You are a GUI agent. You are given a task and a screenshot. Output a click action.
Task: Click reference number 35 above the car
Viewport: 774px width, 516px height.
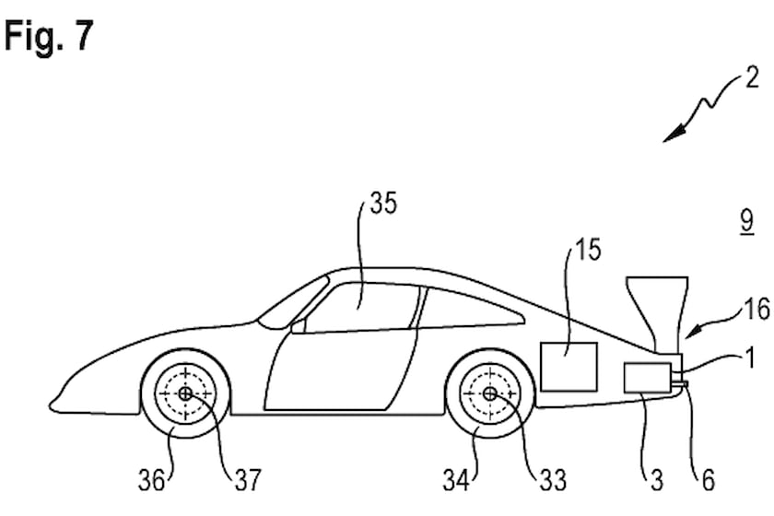(x=383, y=203)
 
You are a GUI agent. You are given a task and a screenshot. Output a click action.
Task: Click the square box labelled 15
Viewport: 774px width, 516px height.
(x=569, y=366)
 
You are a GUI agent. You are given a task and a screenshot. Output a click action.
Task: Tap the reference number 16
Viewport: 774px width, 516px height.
(x=756, y=310)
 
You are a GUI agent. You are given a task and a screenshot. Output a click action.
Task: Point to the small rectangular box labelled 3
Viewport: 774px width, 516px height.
(x=649, y=379)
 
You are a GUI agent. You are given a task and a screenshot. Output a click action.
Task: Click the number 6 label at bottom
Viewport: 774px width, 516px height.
(x=708, y=480)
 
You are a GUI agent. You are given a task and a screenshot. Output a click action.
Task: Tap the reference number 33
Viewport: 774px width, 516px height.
(x=552, y=480)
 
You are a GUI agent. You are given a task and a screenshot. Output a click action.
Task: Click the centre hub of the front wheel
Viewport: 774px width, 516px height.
(x=185, y=393)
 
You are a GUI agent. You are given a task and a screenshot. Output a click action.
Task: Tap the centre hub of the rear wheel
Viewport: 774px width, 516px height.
(x=489, y=393)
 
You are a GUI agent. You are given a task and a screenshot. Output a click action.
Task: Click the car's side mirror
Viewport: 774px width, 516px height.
(x=298, y=325)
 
